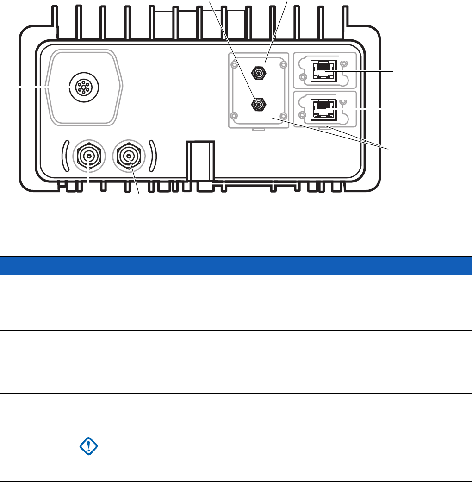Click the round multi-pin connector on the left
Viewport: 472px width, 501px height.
pos(83,88)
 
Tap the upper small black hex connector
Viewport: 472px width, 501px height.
pos(258,72)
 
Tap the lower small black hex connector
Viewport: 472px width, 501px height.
pos(258,105)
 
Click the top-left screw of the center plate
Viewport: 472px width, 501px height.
pos(235,59)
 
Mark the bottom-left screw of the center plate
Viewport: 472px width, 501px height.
pos(235,115)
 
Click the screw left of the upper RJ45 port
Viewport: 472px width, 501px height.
pos(303,77)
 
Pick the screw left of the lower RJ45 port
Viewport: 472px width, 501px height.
pos(303,115)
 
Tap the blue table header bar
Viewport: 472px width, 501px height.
pos(236,265)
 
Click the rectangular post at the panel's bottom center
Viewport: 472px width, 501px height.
pos(199,162)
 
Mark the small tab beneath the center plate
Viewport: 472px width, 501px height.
pos(258,130)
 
